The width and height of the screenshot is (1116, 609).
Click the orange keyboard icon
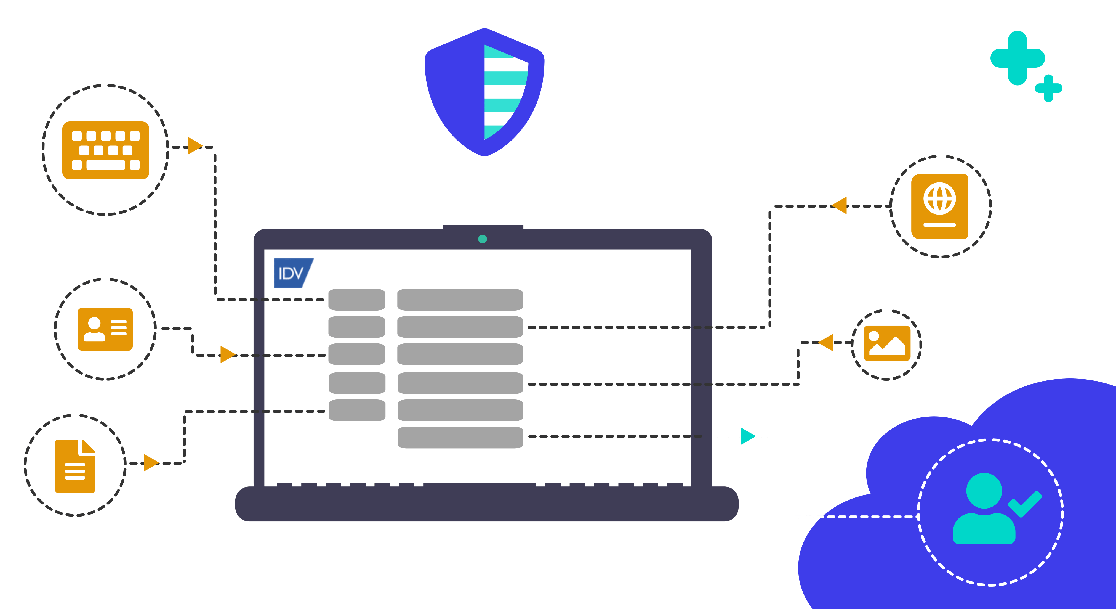(x=106, y=150)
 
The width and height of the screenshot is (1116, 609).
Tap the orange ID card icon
(x=105, y=329)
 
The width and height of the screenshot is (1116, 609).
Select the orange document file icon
(x=75, y=466)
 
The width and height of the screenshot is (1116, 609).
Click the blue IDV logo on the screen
(x=292, y=273)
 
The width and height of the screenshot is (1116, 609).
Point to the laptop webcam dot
(x=482, y=239)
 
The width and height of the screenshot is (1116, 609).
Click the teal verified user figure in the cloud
(x=984, y=509)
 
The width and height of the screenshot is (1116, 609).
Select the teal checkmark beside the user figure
(x=1025, y=503)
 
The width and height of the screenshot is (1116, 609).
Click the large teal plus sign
(x=1017, y=58)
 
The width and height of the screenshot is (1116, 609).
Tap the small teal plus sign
(x=1048, y=88)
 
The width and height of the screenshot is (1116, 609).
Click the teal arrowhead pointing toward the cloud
(x=747, y=436)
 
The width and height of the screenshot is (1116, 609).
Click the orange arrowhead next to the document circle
(x=150, y=463)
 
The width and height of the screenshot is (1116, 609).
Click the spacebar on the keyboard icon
(x=106, y=165)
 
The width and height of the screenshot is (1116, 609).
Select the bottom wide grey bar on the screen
(x=460, y=437)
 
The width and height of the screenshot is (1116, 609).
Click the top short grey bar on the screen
(x=356, y=300)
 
